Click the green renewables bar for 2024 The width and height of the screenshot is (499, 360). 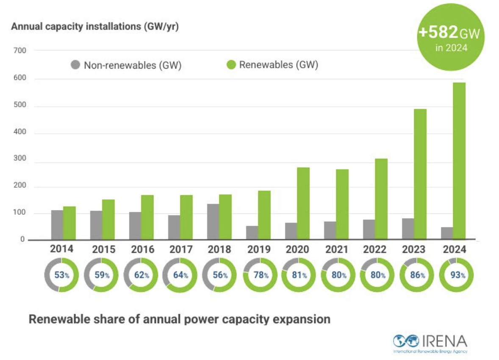point(459,161)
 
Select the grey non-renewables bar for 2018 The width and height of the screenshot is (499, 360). point(213,222)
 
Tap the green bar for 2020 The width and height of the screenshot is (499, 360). point(303,203)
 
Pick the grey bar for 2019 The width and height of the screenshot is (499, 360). point(252,233)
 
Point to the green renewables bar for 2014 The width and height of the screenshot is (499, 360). point(69,223)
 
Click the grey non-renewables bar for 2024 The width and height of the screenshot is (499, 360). point(447,233)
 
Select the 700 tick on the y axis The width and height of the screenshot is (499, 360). point(20,50)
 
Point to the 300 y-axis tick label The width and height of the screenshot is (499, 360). point(20,158)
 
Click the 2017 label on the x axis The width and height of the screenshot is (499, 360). point(181,249)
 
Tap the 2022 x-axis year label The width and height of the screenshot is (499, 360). point(374,249)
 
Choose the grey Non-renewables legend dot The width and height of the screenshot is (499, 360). point(75,65)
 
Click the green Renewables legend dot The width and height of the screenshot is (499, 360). point(231,65)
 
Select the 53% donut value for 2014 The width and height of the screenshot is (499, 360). point(62,275)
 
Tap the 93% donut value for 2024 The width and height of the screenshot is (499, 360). point(457,275)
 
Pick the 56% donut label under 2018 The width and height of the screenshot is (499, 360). point(220,275)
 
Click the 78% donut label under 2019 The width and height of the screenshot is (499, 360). point(261,275)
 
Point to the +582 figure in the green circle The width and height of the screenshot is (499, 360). point(438,32)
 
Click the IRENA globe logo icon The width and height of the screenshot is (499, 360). point(406,341)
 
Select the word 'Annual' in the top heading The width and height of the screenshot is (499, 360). point(27,26)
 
